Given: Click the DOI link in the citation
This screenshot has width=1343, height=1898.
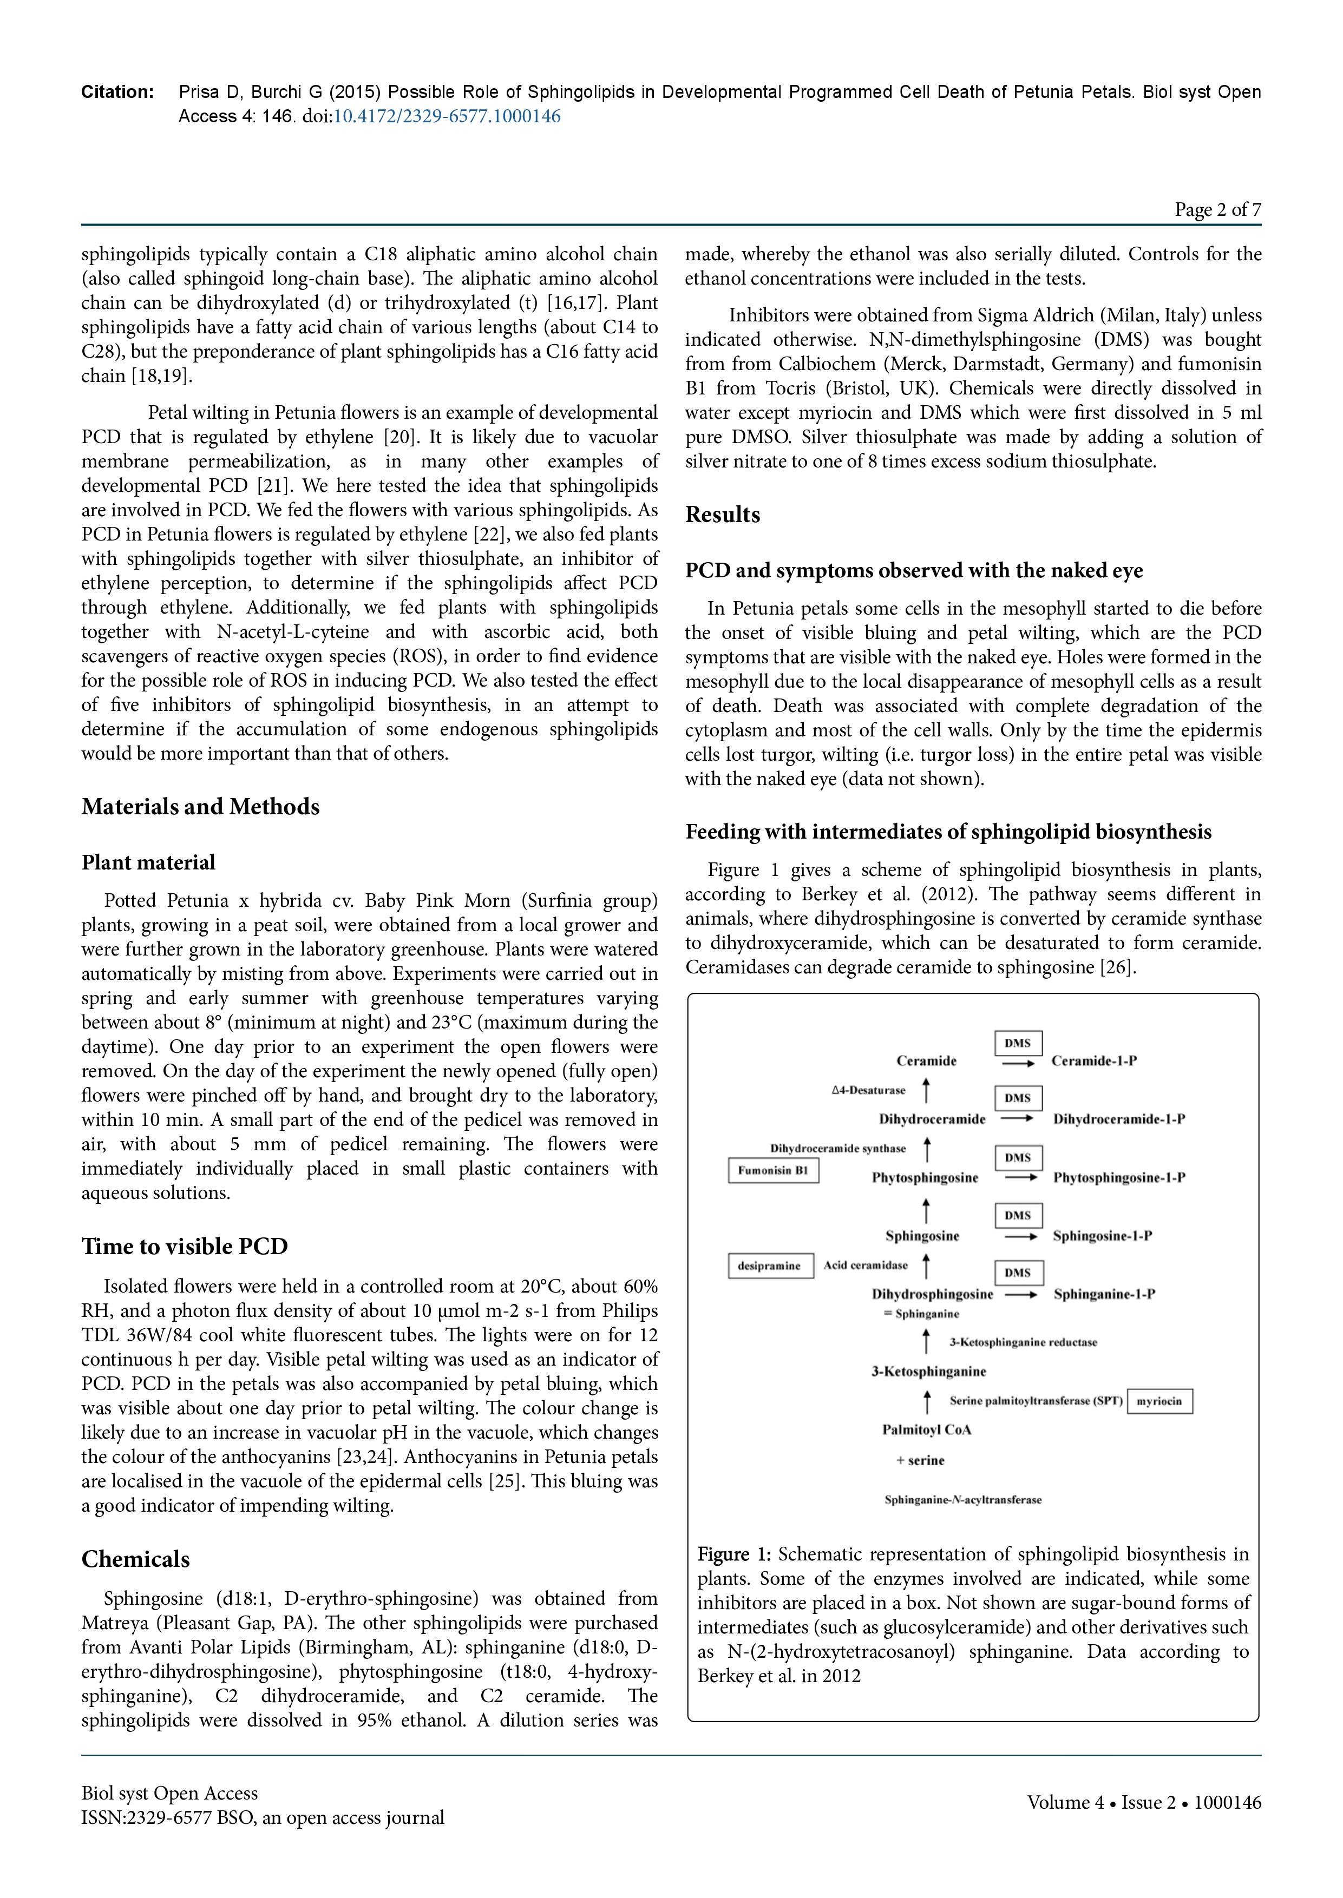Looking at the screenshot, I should [x=447, y=116].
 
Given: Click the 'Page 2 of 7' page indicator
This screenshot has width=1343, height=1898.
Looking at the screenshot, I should [x=1217, y=210].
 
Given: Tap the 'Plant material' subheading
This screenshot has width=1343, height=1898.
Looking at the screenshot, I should [x=148, y=863].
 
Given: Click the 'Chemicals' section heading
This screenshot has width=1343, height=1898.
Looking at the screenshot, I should [x=136, y=1559].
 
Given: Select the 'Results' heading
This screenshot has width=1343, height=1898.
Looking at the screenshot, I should [x=722, y=515].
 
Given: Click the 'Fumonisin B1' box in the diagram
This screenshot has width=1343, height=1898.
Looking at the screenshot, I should [x=773, y=1171].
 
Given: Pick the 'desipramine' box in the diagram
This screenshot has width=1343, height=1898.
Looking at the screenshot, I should [x=769, y=1266].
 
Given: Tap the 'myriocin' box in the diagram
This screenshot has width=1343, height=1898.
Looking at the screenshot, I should [x=1159, y=1401].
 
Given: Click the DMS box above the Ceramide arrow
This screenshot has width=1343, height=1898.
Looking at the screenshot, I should [x=1017, y=1043].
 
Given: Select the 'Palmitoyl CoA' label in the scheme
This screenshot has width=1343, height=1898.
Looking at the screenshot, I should [x=926, y=1430].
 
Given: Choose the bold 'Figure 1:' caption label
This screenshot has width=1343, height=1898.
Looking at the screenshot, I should [x=733, y=1555].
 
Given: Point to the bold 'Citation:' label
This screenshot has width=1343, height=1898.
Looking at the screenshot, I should [x=117, y=92].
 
